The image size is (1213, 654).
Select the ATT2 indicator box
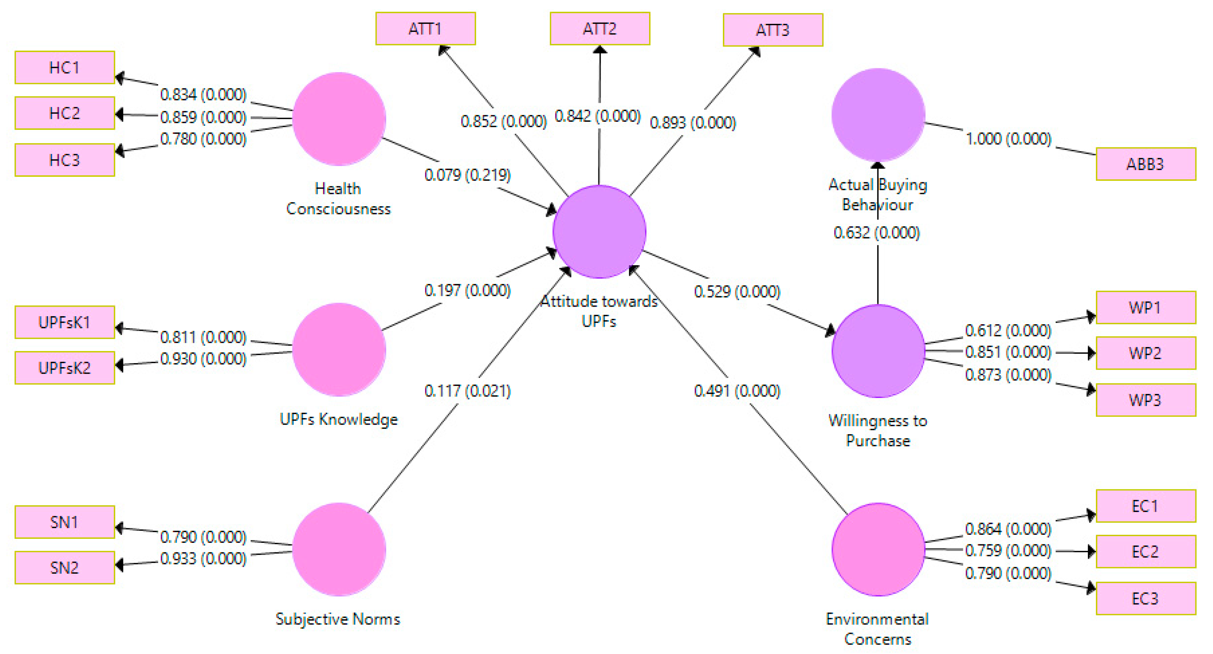click(600, 29)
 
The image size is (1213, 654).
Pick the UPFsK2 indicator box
click(65, 368)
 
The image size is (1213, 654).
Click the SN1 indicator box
click(65, 522)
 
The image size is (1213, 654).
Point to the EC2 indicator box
click(1145, 551)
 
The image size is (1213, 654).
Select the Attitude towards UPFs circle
click(599, 231)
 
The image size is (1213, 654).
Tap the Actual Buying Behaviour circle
click(878, 115)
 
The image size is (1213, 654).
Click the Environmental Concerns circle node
click(878, 549)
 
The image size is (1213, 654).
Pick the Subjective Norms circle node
click(339, 549)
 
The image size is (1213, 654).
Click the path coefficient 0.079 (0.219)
click(468, 175)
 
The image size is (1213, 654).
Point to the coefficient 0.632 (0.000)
click(877, 233)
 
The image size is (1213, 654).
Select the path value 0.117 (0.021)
click(468, 391)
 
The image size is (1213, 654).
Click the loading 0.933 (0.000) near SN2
click(203, 559)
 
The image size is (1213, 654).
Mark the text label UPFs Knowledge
click(338, 419)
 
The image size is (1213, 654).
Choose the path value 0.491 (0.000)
click(737, 391)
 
